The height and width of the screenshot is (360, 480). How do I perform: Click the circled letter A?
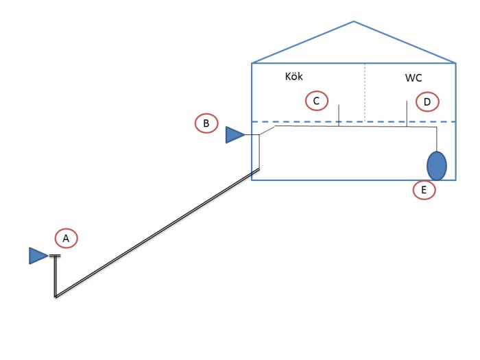pos(66,238)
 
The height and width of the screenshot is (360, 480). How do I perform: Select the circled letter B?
pos(206,123)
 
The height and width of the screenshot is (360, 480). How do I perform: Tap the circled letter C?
pos(317,101)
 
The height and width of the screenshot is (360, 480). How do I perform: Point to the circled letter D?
pos(427,102)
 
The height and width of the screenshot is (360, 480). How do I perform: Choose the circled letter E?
pos(424,190)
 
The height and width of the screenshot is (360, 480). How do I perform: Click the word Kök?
pos(293,76)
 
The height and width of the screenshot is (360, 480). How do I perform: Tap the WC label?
pos(413,77)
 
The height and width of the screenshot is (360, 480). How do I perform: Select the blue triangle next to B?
pos(235,134)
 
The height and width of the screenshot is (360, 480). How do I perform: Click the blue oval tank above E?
pos(437,166)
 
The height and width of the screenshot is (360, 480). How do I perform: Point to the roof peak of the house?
pos(354,21)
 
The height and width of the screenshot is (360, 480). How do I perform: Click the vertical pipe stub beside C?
pos(339,115)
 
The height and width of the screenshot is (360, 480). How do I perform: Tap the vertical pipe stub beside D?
pos(407,114)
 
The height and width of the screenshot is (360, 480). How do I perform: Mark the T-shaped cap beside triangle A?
pos(55,256)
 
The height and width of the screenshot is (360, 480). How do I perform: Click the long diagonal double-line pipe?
pos(157,232)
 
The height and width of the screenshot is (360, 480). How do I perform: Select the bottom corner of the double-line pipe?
pos(56,297)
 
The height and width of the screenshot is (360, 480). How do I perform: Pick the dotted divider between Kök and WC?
pos(365,92)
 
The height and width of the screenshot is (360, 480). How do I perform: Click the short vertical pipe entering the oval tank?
pos(437,139)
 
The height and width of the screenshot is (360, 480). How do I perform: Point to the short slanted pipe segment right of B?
pos(267,130)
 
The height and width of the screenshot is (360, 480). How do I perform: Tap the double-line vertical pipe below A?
pos(56,276)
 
